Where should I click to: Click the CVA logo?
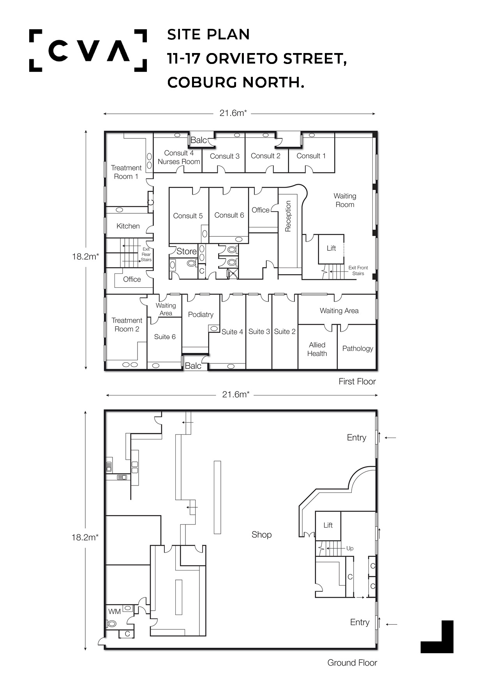coord(88,50)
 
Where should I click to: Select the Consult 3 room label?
coord(225,156)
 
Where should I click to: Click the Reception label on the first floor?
coord(288,216)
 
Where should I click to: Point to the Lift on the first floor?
coord(331,248)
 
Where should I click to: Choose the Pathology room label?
coord(358,349)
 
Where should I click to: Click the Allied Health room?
coord(317,349)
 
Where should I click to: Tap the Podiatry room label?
coord(201,315)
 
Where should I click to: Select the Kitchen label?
coord(128,226)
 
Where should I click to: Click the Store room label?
coord(187,252)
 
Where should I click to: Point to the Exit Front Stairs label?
coord(358,271)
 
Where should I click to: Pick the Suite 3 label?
coord(259,331)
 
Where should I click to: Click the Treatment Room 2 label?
coord(127,325)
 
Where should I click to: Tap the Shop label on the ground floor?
coord(261,535)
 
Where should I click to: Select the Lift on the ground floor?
coord(328,525)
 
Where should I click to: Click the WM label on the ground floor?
coord(114,611)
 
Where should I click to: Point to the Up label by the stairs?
coord(350,548)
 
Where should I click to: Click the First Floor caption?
coord(357,381)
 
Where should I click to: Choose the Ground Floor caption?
coord(352,663)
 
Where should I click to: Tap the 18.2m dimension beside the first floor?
coord(85,257)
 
